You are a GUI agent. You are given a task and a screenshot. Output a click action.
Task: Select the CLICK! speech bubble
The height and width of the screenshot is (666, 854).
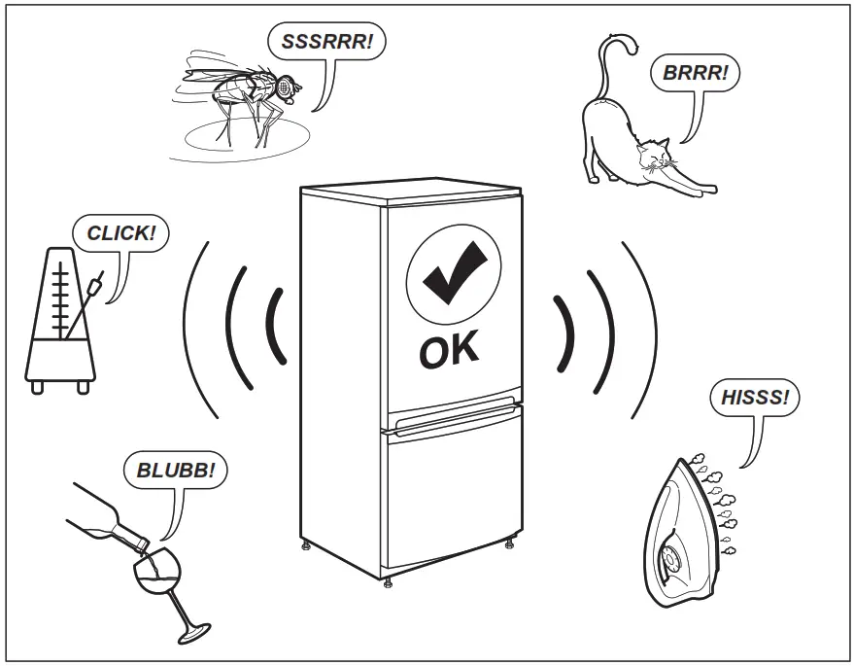tap(120, 233)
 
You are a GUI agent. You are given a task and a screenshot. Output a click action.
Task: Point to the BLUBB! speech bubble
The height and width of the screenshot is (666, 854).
tap(176, 473)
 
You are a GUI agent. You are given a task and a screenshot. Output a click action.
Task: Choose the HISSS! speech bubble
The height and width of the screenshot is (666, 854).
tap(754, 399)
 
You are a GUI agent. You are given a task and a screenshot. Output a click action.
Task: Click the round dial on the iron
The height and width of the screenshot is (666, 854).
tap(670, 561)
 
